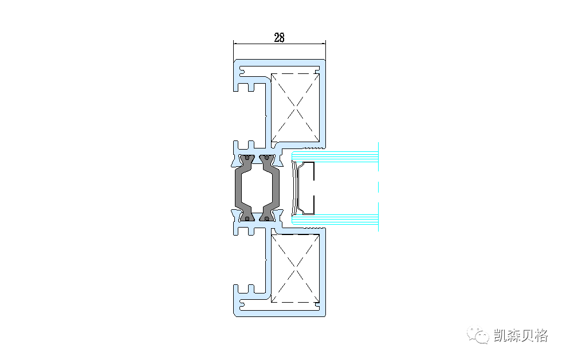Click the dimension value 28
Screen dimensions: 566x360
pos(279,38)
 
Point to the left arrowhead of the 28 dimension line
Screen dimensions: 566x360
pos(235,44)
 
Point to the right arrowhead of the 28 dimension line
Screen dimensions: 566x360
pos(324,44)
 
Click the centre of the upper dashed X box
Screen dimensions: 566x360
pos(295,108)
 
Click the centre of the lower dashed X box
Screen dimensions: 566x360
pos(295,269)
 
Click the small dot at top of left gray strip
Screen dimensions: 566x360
pos(247,158)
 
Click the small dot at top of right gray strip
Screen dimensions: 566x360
pos(267,158)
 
